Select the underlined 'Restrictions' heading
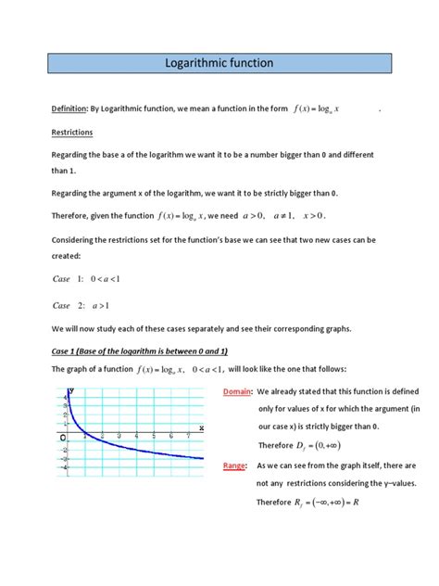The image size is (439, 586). (72, 133)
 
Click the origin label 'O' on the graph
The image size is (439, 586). (63, 437)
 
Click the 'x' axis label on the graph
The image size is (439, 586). (201, 427)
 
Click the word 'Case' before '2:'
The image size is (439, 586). (61, 305)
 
